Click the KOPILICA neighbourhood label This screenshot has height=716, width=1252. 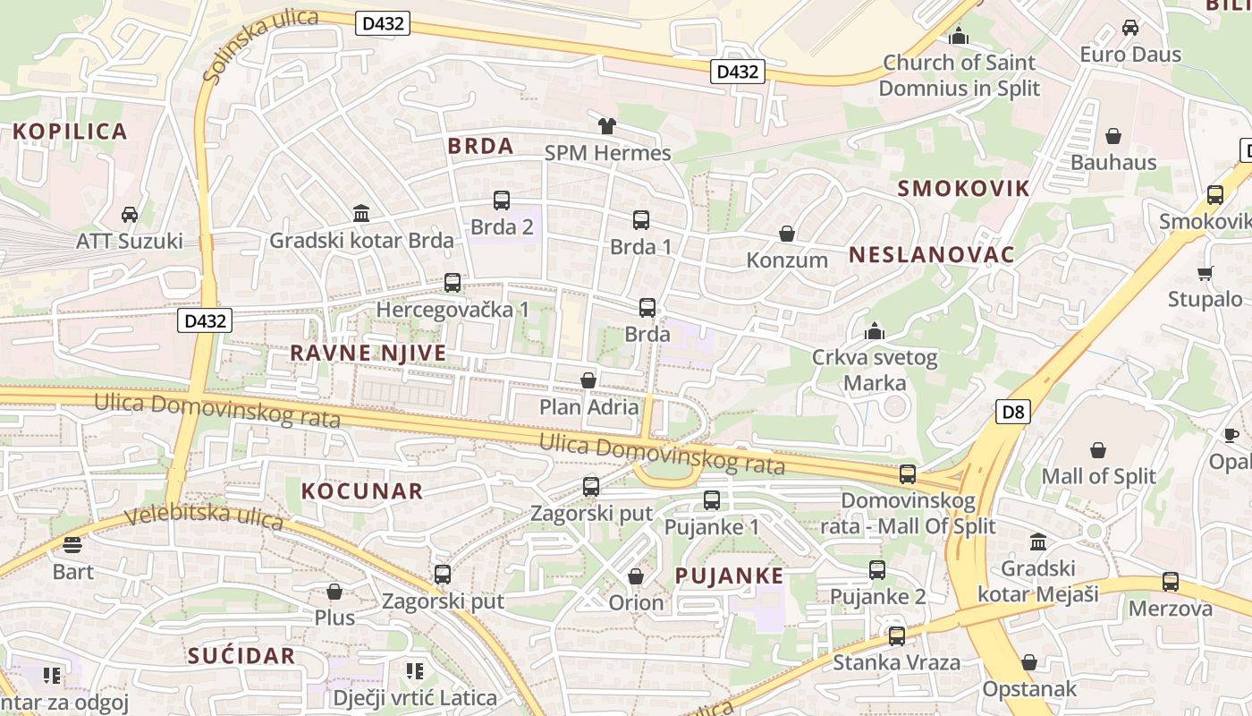click(70, 132)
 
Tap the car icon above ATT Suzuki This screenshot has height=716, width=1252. click(130, 215)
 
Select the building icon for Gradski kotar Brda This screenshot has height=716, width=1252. click(361, 213)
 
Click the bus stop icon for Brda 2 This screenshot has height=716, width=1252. click(502, 200)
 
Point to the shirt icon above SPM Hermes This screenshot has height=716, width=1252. click(607, 125)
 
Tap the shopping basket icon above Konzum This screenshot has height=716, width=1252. click(787, 234)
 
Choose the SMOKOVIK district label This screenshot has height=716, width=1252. click(963, 188)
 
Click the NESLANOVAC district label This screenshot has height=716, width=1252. click(932, 255)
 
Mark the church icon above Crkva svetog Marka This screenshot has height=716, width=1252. click(875, 332)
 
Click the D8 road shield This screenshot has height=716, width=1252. click(1013, 412)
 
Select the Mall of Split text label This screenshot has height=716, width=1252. click(1098, 476)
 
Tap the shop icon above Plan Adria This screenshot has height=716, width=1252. click(588, 380)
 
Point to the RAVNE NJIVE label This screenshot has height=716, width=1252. click(368, 353)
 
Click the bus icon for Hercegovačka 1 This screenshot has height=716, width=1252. click(453, 283)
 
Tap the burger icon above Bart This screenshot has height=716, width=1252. click(72, 544)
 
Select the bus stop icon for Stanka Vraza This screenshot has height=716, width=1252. click(896, 636)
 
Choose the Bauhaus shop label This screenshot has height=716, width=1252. click(1113, 163)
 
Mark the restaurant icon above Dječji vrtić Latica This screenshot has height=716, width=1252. click(414, 670)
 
